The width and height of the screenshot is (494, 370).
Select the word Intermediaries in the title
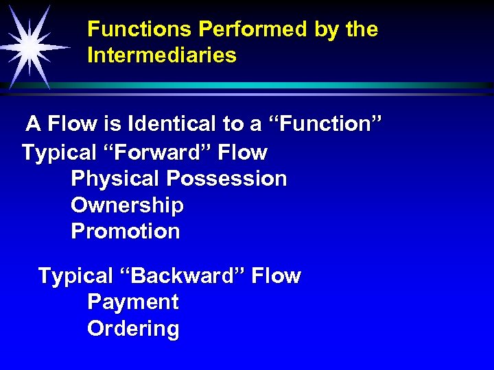(x=162, y=56)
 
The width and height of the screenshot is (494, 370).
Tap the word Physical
(x=116, y=179)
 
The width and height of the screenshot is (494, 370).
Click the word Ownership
(x=127, y=206)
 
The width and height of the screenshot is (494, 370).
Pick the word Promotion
(x=126, y=232)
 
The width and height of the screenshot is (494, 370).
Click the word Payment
(x=133, y=302)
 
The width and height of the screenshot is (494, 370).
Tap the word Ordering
(x=133, y=329)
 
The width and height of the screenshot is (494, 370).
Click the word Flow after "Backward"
(x=276, y=276)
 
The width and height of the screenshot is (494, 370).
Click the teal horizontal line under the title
(x=274, y=86)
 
